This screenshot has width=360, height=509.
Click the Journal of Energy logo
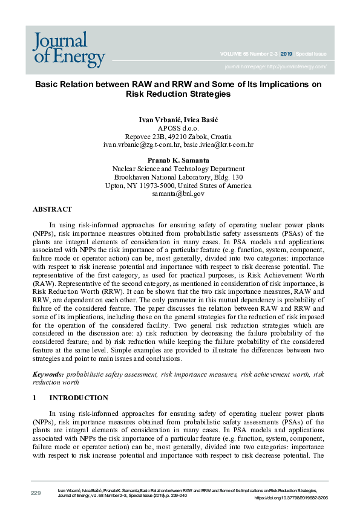pos(68,49)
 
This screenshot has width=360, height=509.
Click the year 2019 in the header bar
pos(288,54)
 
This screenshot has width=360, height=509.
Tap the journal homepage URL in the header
pos(275,66)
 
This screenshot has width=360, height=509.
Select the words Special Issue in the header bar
pos(312,54)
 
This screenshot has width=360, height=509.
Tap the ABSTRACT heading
pos(52,209)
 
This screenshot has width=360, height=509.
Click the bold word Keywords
pos(47,375)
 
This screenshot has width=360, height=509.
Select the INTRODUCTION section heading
pos(79,398)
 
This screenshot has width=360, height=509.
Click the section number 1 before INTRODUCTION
pos(34,398)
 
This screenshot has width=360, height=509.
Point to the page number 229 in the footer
pos(36,493)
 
